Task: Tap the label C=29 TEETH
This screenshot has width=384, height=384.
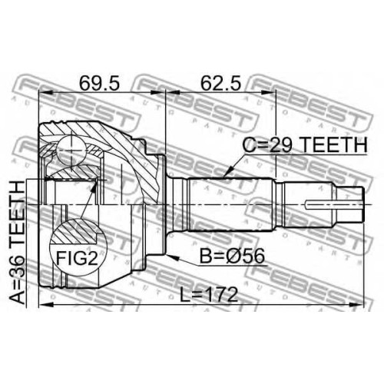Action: [x=305, y=145]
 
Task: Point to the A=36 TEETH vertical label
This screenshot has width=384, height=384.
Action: [x=17, y=243]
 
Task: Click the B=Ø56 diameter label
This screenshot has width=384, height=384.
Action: [x=232, y=257]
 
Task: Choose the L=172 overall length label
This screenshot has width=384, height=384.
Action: [x=209, y=295]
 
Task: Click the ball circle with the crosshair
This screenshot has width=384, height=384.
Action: [x=71, y=151]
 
